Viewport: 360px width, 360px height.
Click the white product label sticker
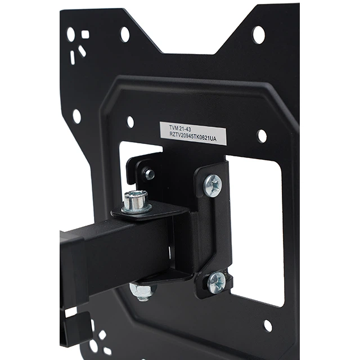point(193,133)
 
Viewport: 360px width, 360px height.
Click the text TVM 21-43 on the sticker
point(180,128)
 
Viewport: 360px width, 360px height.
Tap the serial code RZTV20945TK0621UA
point(192,137)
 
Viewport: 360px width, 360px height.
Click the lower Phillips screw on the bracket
point(217,282)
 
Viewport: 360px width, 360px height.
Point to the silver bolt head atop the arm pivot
point(136,202)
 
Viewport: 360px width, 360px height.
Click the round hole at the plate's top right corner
point(259,35)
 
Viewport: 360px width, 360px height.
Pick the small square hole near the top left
point(85,35)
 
